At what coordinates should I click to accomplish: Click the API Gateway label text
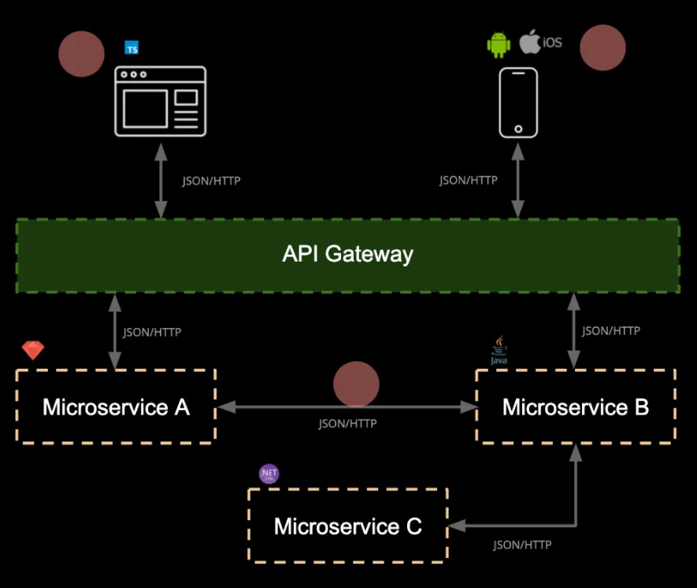pos(347,255)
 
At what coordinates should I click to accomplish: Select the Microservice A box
pos(116,407)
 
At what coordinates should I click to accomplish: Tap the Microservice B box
pos(576,407)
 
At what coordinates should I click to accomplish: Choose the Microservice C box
pos(347,526)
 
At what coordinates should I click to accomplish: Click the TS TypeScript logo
pos(132,48)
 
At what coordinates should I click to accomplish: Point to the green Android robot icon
pos(499,45)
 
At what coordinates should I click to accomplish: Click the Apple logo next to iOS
pos(530,42)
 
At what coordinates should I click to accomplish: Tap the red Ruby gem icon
pos(33,350)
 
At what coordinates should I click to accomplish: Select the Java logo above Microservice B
pos(499,351)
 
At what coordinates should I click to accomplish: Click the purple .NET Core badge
pos(269,474)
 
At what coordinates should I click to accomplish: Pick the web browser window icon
pos(160,101)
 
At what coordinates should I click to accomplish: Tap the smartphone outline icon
pos(518,102)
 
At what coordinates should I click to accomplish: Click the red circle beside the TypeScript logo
pos(81,54)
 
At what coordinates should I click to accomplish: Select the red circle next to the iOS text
pos(602,48)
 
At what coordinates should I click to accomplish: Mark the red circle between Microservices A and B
pos(356,385)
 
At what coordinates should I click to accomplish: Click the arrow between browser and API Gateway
pos(161,180)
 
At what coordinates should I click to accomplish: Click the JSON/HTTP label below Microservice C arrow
pos(522,545)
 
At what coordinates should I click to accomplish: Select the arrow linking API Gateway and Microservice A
pos(116,331)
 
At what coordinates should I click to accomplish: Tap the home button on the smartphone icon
pos(518,128)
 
